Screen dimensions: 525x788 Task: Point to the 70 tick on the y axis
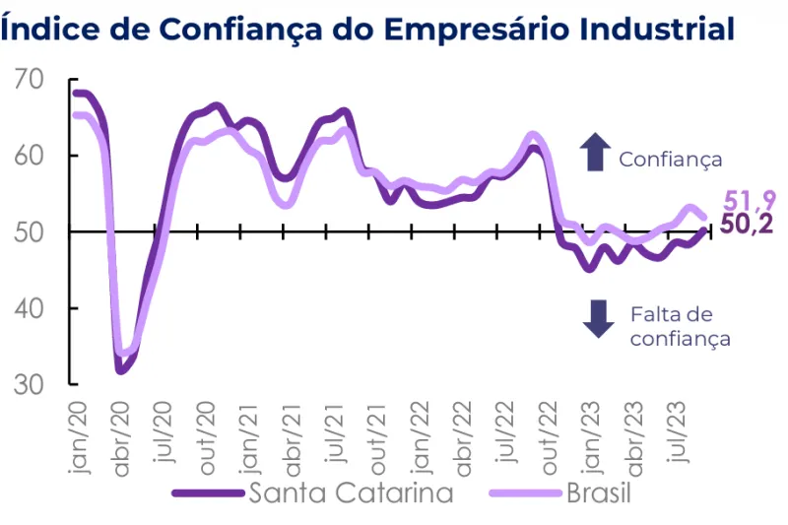tap(31, 79)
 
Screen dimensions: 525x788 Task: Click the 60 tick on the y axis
tap(31, 156)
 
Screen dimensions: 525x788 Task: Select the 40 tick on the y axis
tap(31, 308)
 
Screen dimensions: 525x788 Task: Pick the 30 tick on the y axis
tap(31, 384)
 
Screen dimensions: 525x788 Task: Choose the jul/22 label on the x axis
tap(506, 434)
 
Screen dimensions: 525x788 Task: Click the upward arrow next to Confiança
tap(594, 154)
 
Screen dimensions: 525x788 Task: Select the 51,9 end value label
tap(746, 201)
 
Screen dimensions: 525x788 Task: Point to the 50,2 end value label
tap(746, 225)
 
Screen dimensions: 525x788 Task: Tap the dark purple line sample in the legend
tap(208, 492)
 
